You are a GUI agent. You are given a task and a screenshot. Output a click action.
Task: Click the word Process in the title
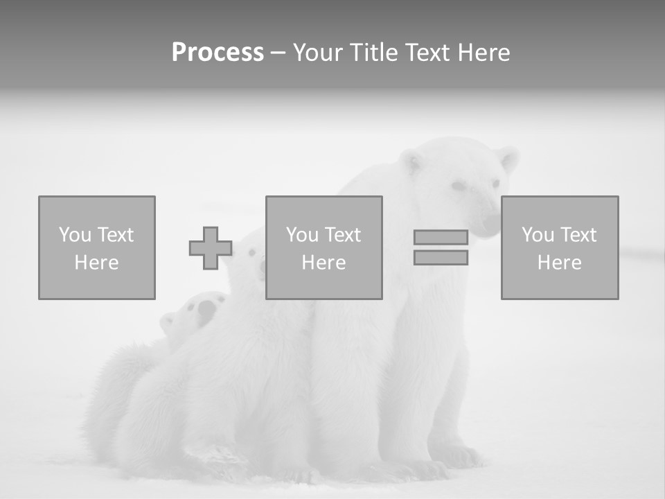pyautogui.click(x=218, y=53)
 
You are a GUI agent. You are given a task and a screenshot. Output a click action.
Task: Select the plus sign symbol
pyautogui.click(x=211, y=248)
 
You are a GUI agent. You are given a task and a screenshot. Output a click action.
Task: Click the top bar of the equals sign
pyautogui.click(x=441, y=238)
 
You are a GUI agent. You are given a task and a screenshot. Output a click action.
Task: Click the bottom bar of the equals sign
pyautogui.click(x=441, y=258)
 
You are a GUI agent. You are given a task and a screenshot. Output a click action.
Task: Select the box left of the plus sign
pyautogui.click(x=96, y=247)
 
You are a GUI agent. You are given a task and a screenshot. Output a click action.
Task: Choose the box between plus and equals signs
pyautogui.click(x=323, y=247)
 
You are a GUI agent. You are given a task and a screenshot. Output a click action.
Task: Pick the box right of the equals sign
pyautogui.click(x=559, y=247)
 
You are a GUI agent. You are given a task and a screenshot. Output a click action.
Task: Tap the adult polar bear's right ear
pyautogui.click(x=508, y=159)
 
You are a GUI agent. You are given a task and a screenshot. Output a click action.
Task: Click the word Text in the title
pyautogui.click(x=425, y=53)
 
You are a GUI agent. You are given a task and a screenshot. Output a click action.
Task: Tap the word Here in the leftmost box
pyautogui.click(x=96, y=263)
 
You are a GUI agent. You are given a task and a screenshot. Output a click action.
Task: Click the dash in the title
pyautogui.click(x=277, y=53)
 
